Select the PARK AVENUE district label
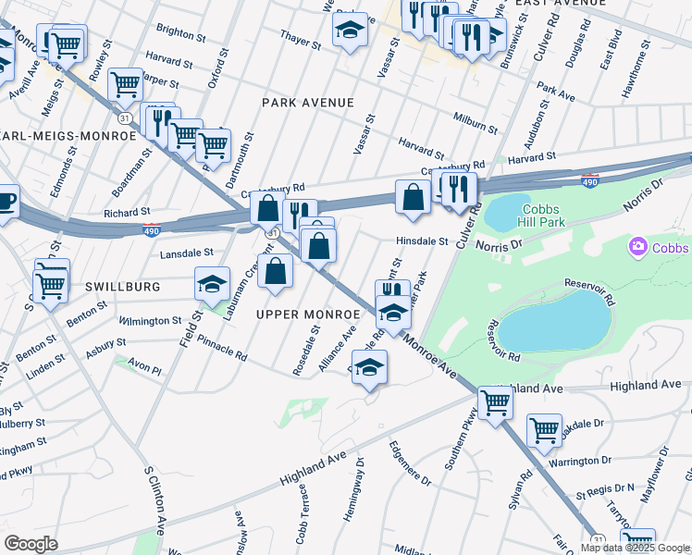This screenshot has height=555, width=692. (x=308, y=102)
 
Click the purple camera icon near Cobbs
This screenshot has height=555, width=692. (x=637, y=247)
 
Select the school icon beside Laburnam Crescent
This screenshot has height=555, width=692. (x=212, y=283)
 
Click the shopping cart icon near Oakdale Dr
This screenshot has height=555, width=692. (x=544, y=429)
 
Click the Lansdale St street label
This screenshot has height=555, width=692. (x=188, y=252)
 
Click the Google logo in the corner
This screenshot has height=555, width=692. (x=31, y=544)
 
